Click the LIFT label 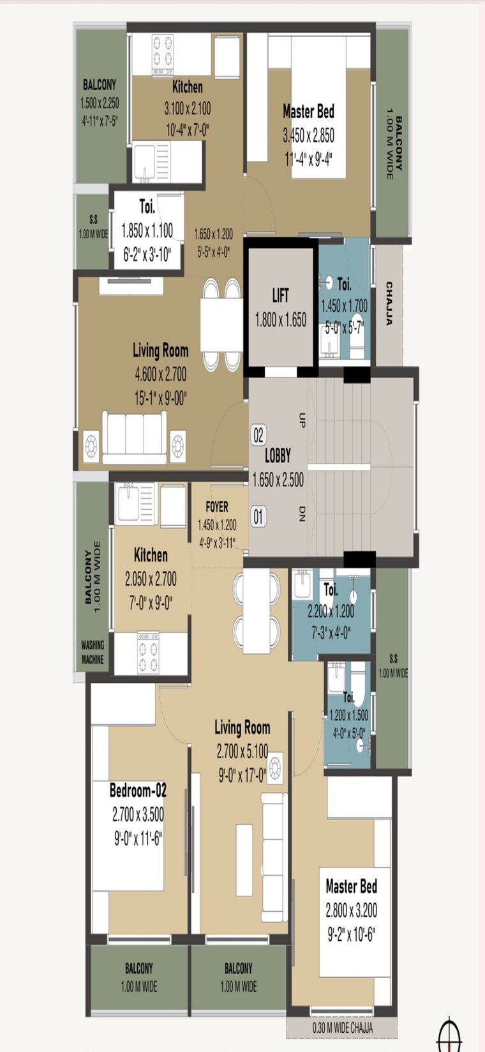[x=280, y=295]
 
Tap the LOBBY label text [x=278, y=455]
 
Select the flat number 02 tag [x=258, y=436]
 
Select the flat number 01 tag [x=258, y=516]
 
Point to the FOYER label [x=217, y=507]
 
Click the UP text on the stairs [x=302, y=420]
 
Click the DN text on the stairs [x=302, y=514]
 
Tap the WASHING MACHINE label [x=93, y=652]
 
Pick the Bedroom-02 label [x=138, y=790]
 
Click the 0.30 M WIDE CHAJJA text [x=343, y=1028]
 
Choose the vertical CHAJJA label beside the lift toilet [x=389, y=304]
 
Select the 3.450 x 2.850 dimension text [x=308, y=135]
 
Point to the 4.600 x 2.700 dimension [x=160, y=374]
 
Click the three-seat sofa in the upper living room [x=135, y=438]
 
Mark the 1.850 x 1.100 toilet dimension [x=147, y=231]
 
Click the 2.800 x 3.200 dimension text [x=351, y=910]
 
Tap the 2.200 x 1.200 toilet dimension [x=330, y=611]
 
